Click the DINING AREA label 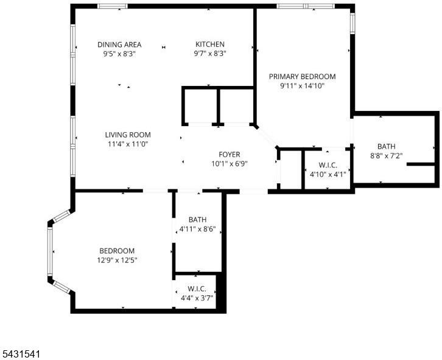(x=119, y=44)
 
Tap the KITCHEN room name (x=210, y=44)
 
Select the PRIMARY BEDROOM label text (x=302, y=77)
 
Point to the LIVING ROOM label (x=128, y=135)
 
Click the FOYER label (x=230, y=155)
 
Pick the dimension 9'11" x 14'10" (x=302, y=86)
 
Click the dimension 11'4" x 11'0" (x=128, y=144)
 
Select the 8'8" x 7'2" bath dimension (x=386, y=156)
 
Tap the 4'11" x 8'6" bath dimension (x=197, y=229)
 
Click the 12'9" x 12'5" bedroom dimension (x=117, y=260)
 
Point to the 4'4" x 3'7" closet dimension (x=197, y=298)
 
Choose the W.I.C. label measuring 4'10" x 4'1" (x=328, y=165)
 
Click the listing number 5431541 (x=21, y=354)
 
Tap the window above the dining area (x=113, y=6)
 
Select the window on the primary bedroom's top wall (x=306, y=6)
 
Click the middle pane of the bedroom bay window (x=50, y=251)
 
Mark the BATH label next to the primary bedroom (x=386, y=146)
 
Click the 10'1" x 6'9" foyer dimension (x=230, y=164)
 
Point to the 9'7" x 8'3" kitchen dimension (x=210, y=54)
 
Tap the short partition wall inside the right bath (x=421, y=164)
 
